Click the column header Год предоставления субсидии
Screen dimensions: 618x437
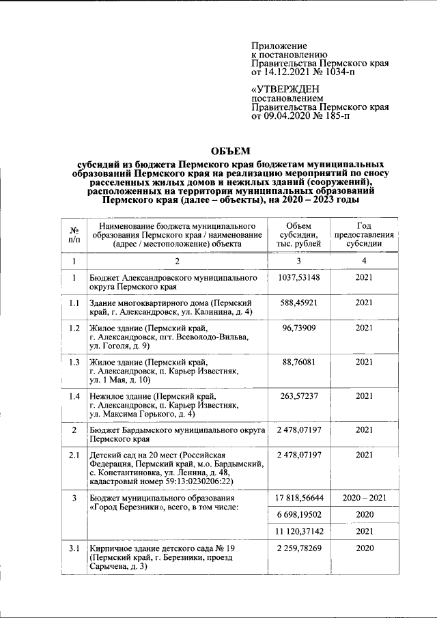coord(364,235)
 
